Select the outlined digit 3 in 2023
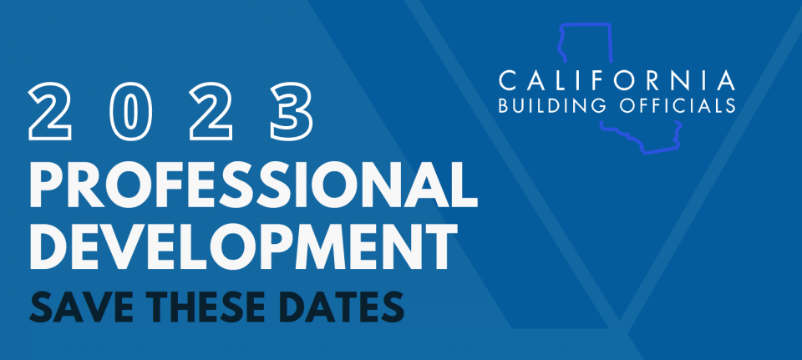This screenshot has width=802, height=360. [292, 110]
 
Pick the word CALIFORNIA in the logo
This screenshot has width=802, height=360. [617, 81]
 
